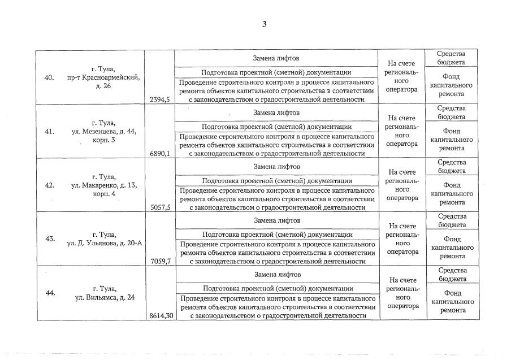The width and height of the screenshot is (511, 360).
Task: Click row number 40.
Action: point(49,77)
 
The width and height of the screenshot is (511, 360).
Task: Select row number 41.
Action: point(49,132)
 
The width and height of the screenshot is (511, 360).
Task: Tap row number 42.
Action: point(49,185)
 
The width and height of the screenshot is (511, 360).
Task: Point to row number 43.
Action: point(49,238)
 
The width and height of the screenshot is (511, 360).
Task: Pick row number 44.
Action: point(49,293)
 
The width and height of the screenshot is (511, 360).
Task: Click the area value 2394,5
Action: point(160,99)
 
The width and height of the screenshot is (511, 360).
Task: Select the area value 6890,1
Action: point(160,154)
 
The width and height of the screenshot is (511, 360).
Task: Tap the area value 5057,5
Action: point(160,207)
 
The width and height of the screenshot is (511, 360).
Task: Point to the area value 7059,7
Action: point(160,261)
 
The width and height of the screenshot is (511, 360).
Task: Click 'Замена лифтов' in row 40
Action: point(276,58)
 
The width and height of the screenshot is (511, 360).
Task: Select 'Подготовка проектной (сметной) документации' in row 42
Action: point(276,181)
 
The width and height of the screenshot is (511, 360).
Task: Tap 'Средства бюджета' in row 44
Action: point(452,274)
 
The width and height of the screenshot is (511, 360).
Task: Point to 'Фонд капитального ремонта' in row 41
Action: point(452,139)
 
